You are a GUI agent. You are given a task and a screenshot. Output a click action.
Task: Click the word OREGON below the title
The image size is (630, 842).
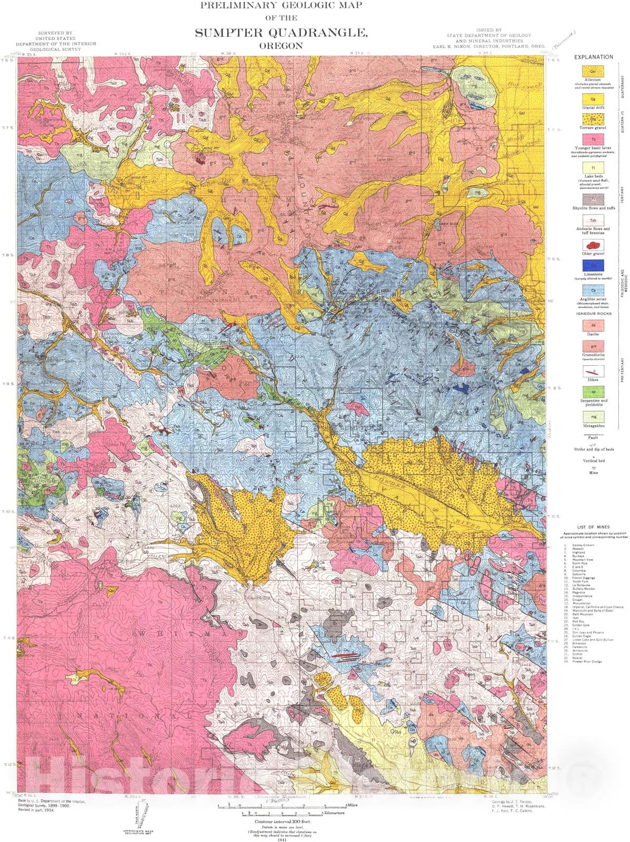tap(281, 46)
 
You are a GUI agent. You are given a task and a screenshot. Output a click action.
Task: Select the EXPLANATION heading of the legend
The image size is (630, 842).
tap(593, 57)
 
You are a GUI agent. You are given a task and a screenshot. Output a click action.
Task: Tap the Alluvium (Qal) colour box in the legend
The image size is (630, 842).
tap(593, 71)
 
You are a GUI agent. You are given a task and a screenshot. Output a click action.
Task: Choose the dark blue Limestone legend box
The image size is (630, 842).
tap(593, 266)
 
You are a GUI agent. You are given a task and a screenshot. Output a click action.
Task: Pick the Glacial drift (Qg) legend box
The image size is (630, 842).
tap(593, 98)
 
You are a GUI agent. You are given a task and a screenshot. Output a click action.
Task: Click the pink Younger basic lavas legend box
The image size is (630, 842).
tap(593, 140)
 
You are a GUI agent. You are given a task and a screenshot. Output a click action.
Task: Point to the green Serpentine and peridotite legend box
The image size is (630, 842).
tap(593, 392)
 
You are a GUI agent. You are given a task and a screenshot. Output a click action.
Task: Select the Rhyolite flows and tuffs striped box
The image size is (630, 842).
tap(593, 199)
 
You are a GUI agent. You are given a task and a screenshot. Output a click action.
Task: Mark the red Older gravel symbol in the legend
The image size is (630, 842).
tap(593, 245)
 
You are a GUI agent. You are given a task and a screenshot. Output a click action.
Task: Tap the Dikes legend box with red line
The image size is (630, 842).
tap(593, 371)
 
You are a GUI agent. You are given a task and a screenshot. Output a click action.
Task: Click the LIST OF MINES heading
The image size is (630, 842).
tap(593, 527)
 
